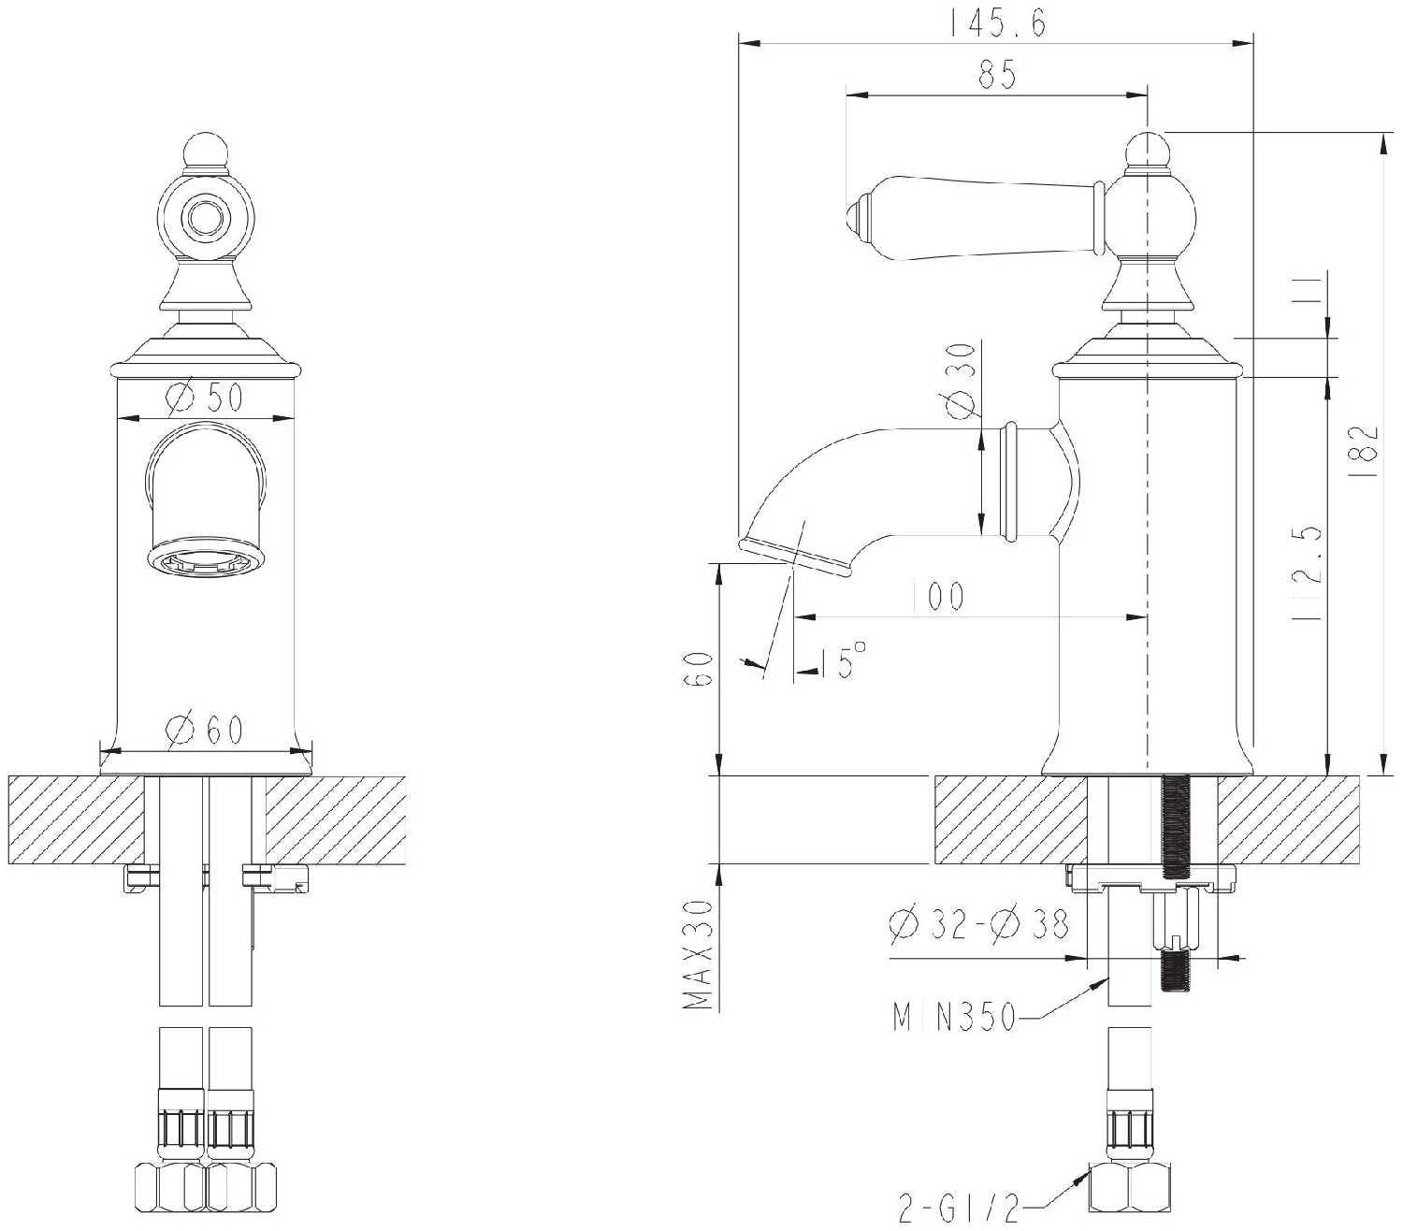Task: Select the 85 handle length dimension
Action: click(x=998, y=74)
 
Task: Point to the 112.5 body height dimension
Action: click(x=1308, y=572)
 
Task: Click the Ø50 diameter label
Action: click(x=204, y=397)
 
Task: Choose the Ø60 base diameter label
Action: click(x=205, y=730)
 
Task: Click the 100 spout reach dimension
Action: click(x=936, y=596)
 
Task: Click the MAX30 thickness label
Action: click(x=698, y=955)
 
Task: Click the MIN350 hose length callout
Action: click(x=955, y=1017)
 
